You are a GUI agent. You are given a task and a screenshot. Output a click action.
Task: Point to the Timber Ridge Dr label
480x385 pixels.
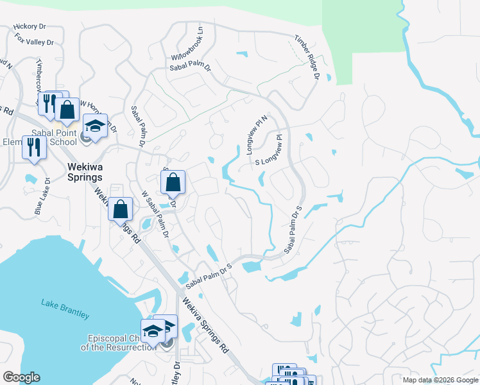307,56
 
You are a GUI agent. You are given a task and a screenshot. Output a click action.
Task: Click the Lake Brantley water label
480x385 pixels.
65,307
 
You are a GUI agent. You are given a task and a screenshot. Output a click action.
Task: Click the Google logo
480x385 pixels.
21,377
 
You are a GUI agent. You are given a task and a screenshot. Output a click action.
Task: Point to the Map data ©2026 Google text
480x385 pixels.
440,379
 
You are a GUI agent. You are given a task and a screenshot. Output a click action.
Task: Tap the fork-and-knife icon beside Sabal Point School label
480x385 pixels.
32,148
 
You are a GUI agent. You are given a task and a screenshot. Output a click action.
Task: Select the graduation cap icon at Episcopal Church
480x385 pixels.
153,330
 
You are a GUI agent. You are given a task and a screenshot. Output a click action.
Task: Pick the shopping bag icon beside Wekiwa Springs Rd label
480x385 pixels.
120,208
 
